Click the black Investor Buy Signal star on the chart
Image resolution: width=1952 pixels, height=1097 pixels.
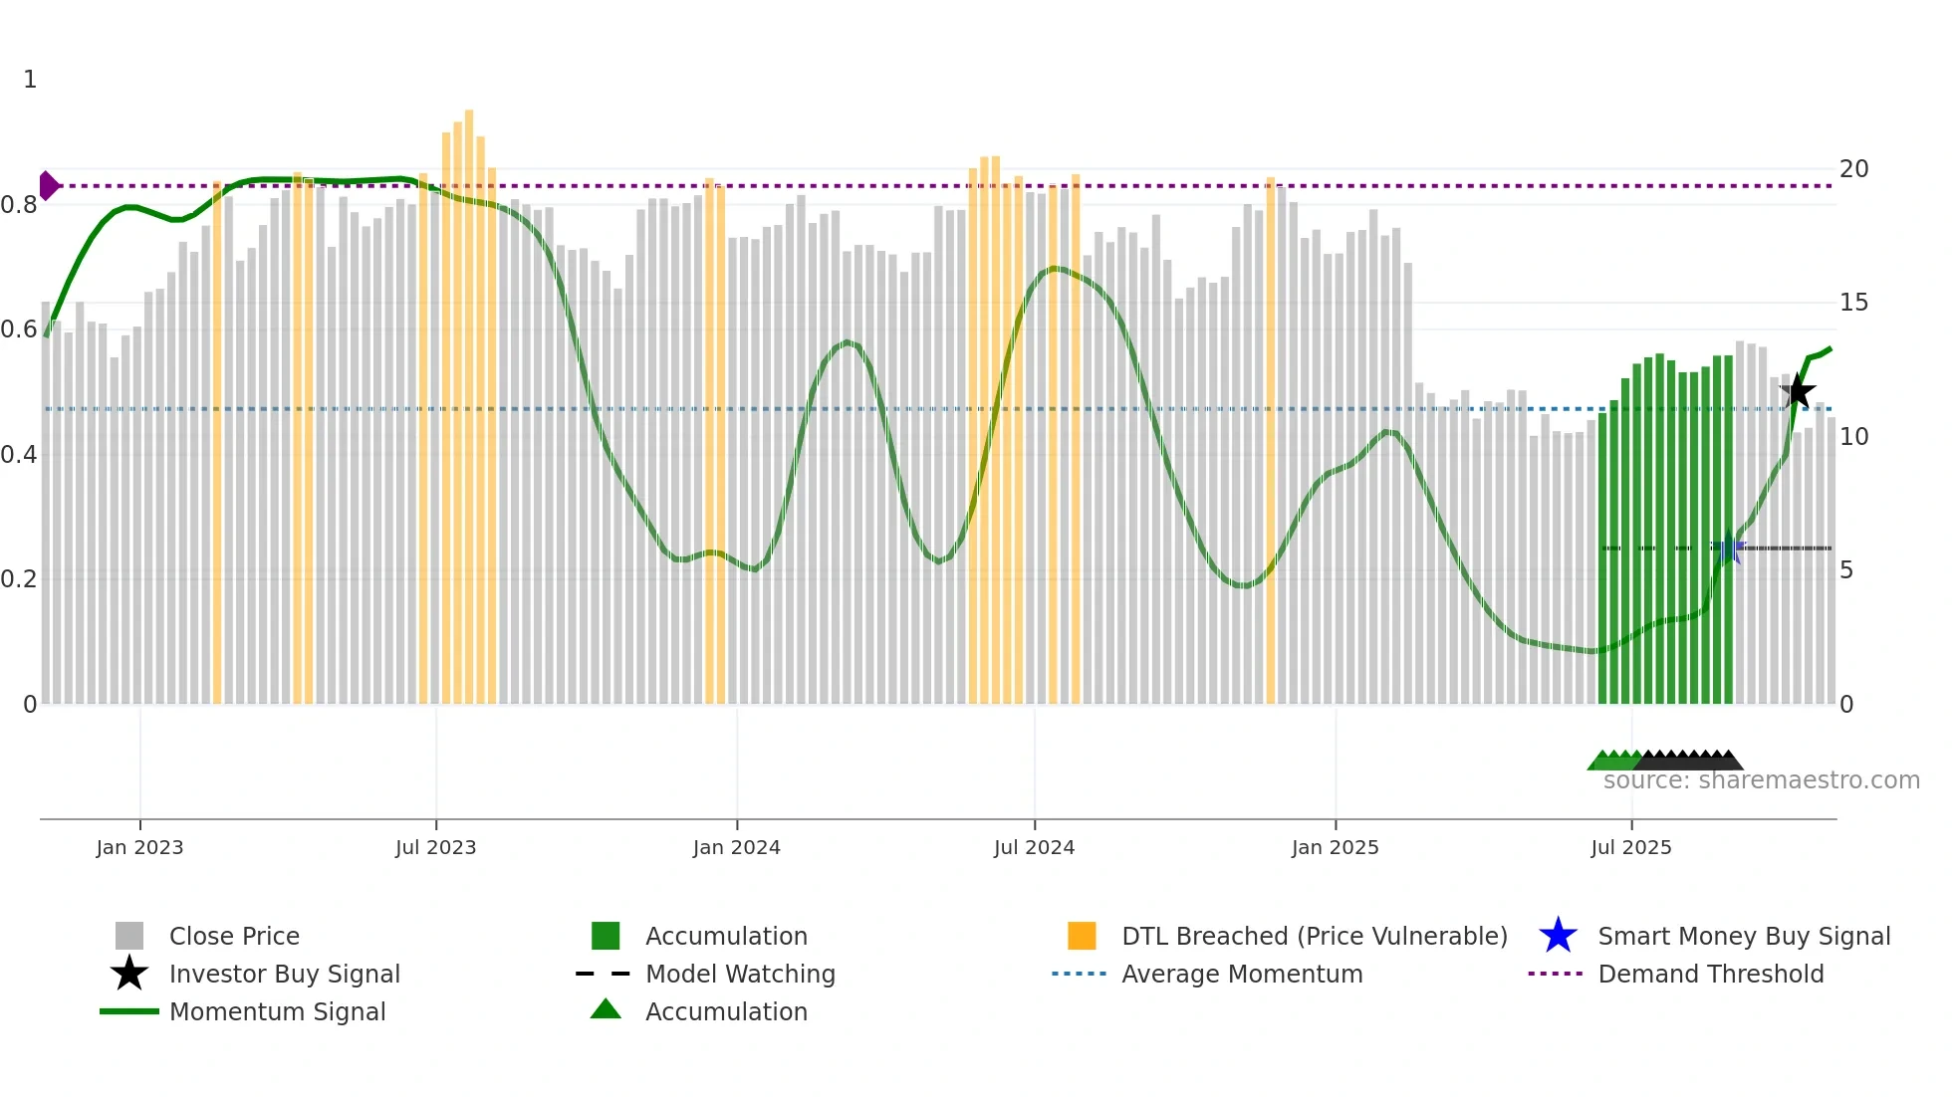[1798, 391]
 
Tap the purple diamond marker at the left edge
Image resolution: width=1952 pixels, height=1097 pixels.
[48, 186]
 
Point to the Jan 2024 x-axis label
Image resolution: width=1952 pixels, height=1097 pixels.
[736, 847]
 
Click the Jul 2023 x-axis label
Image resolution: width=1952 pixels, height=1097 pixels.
[435, 847]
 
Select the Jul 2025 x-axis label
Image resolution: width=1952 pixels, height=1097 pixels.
[1630, 847]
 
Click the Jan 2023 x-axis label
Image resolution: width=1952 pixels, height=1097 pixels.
[139, 847]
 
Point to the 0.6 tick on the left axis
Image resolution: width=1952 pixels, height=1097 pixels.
[18, 329]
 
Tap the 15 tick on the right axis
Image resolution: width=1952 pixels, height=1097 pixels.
[1853, 303]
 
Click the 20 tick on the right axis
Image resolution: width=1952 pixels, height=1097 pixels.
[1853, 169]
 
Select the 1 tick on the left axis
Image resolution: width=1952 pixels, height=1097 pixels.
[30, 80]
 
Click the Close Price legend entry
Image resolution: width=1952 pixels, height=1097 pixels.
[234, 936]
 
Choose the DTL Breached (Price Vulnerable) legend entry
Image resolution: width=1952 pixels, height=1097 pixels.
[1314, 936]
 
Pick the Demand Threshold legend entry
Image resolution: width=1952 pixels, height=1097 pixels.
[1710, 974]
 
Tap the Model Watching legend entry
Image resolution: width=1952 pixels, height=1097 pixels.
[740, 974]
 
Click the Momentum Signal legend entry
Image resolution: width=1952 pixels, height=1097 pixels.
[277, 1011]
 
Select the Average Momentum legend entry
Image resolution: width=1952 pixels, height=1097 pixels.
[1241, 974]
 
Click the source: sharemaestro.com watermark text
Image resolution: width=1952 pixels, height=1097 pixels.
[1761, 780]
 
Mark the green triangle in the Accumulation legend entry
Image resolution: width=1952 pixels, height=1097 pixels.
[606, 1009]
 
